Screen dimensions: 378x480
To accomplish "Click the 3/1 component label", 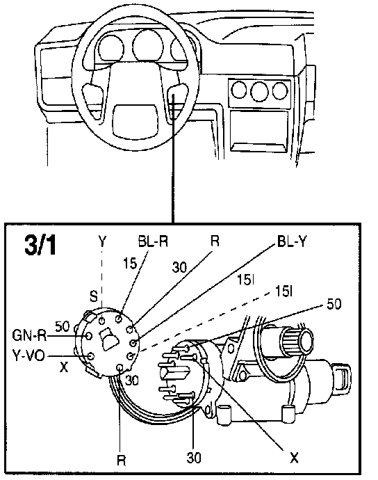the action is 40,245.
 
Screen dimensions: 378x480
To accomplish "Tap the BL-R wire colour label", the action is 153,241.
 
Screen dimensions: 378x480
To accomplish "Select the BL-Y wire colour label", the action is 291,241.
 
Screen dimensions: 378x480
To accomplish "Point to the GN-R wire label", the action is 29,335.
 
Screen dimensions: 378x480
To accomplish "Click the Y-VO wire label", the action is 28,355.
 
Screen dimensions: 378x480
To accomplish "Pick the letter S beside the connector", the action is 94,296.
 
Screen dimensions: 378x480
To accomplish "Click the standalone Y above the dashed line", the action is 102,241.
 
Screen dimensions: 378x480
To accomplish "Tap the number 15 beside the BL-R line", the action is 130,264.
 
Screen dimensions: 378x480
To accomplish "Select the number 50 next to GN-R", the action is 63,326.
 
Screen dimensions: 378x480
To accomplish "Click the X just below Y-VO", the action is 64,367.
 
